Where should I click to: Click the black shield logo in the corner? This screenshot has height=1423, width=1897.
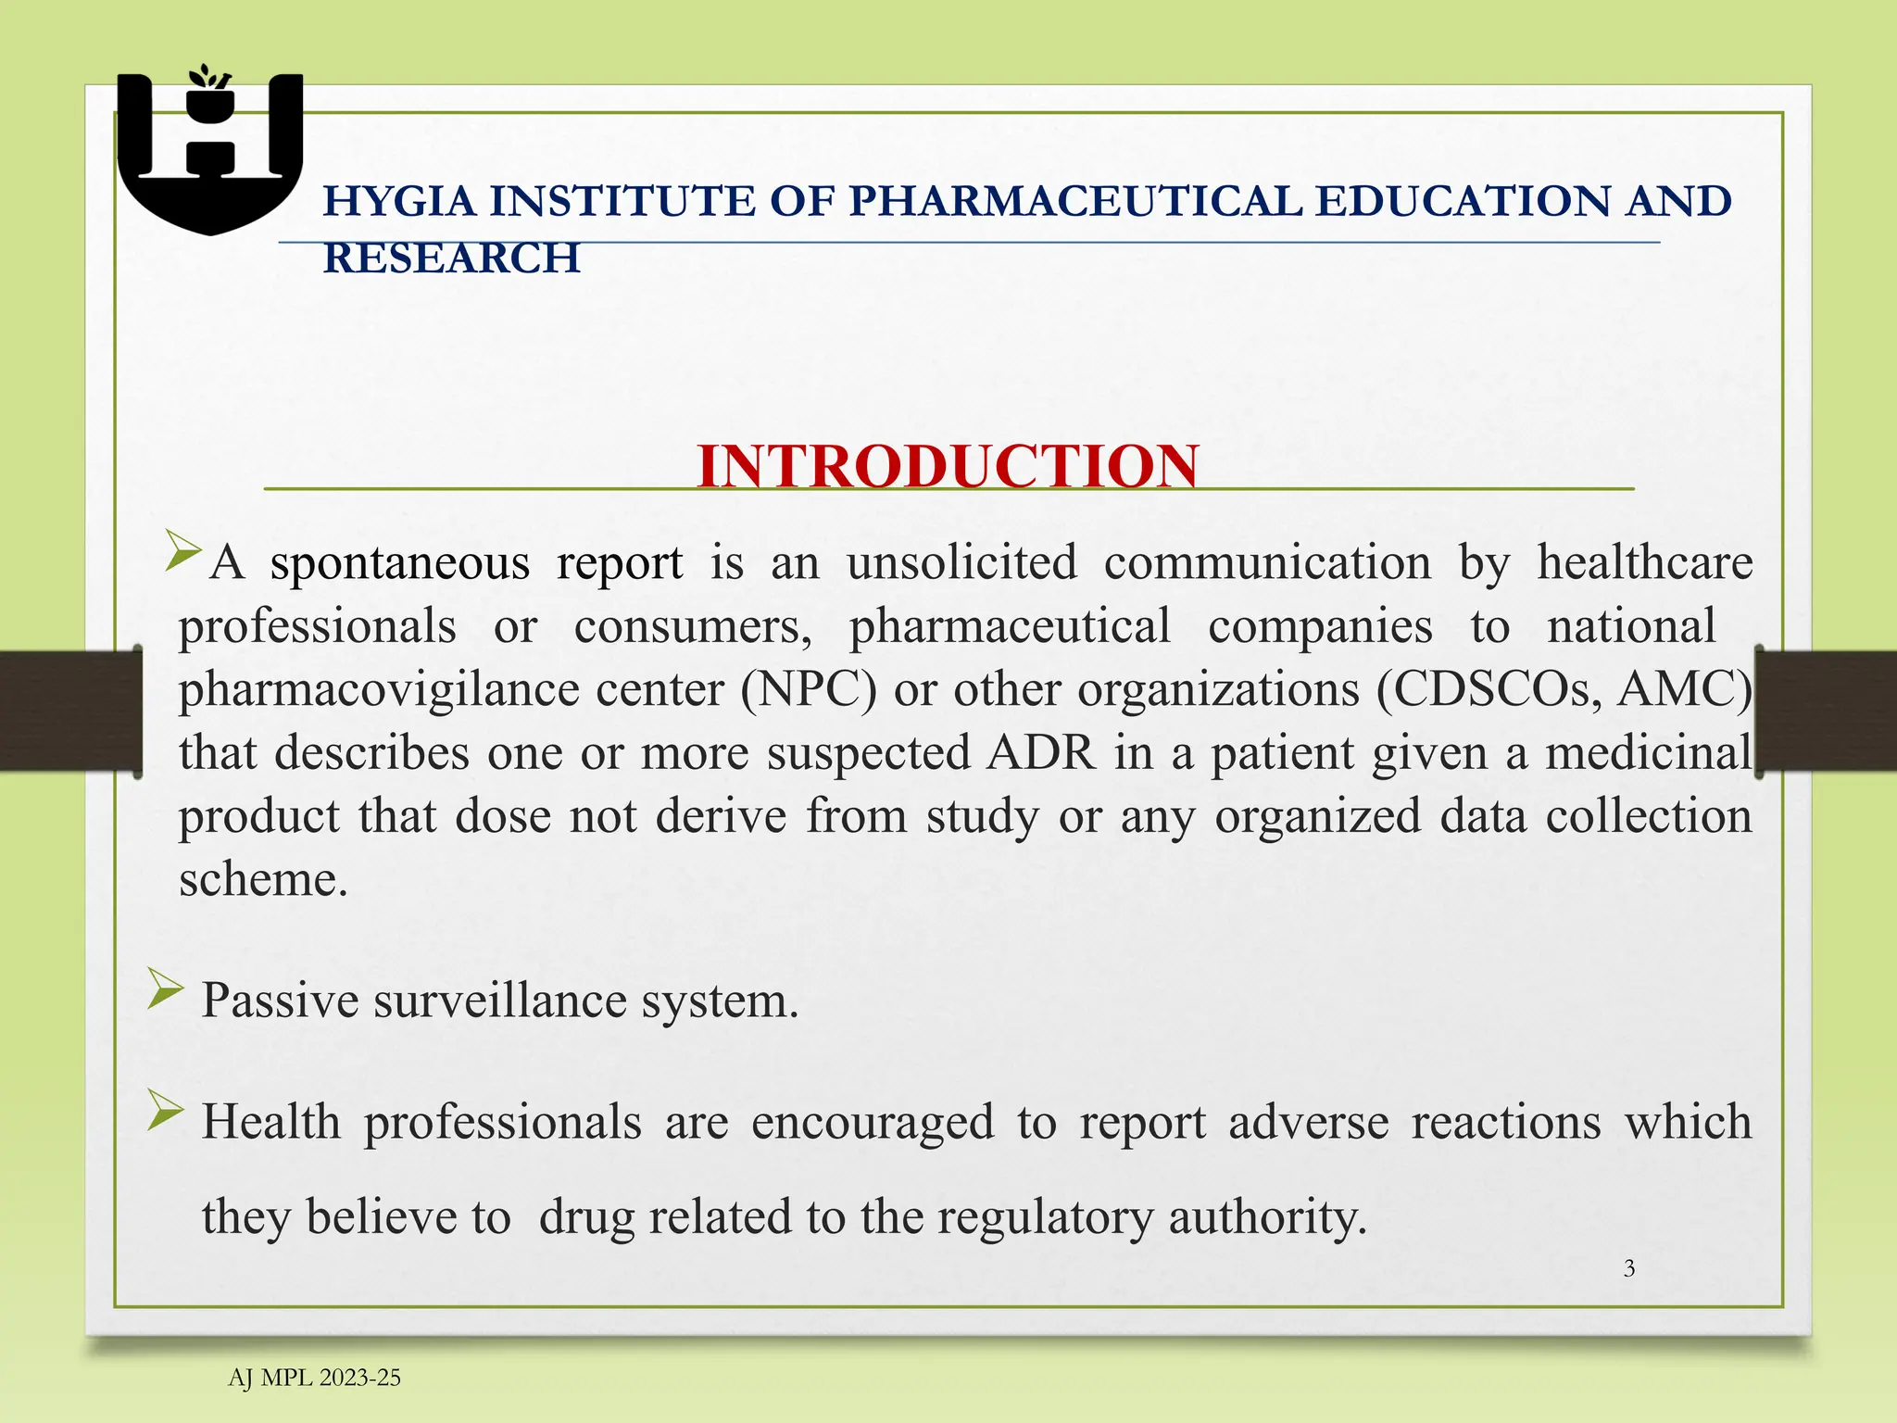(210, 153)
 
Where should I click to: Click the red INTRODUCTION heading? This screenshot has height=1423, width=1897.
(948, 465)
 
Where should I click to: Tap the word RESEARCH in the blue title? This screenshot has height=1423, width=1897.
(451, 258)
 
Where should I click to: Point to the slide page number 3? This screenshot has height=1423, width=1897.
(1629, 1268)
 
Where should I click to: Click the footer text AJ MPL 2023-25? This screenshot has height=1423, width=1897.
(314, 1378)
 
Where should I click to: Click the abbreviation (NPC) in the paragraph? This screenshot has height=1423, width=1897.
(808, 690)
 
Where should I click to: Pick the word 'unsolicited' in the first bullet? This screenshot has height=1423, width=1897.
(961, 563)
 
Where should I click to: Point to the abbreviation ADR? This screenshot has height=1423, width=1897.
(1041, 752)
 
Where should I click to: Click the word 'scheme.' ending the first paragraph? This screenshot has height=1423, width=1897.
(263, 879)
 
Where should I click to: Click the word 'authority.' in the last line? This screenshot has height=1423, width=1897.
(1267, 1216)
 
